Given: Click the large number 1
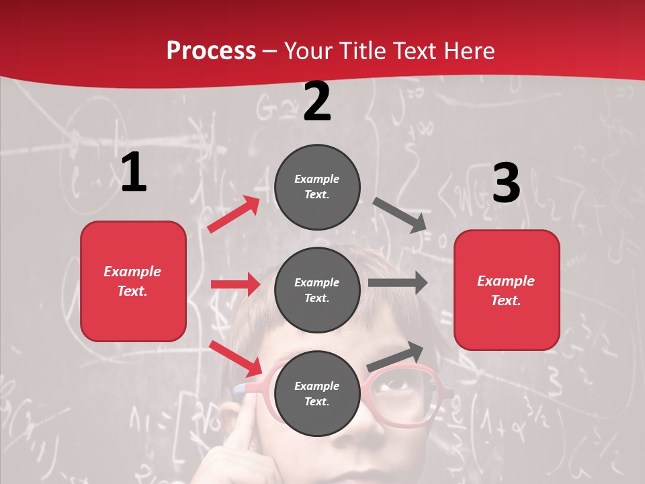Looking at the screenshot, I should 134,173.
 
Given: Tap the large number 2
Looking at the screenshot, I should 317,102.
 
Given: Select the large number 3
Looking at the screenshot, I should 506,184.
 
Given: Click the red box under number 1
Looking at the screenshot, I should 133,281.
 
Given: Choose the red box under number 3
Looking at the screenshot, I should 507,290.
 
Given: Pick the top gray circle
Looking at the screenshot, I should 317,187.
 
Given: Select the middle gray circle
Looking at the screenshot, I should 317,290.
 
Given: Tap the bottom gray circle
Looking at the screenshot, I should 317,393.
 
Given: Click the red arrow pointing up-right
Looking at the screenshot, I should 234,214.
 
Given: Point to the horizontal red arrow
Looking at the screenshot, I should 235,284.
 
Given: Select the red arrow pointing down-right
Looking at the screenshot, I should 235,358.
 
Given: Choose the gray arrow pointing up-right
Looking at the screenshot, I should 396,356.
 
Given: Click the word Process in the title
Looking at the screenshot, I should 211,50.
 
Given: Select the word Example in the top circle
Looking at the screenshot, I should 317,179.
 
